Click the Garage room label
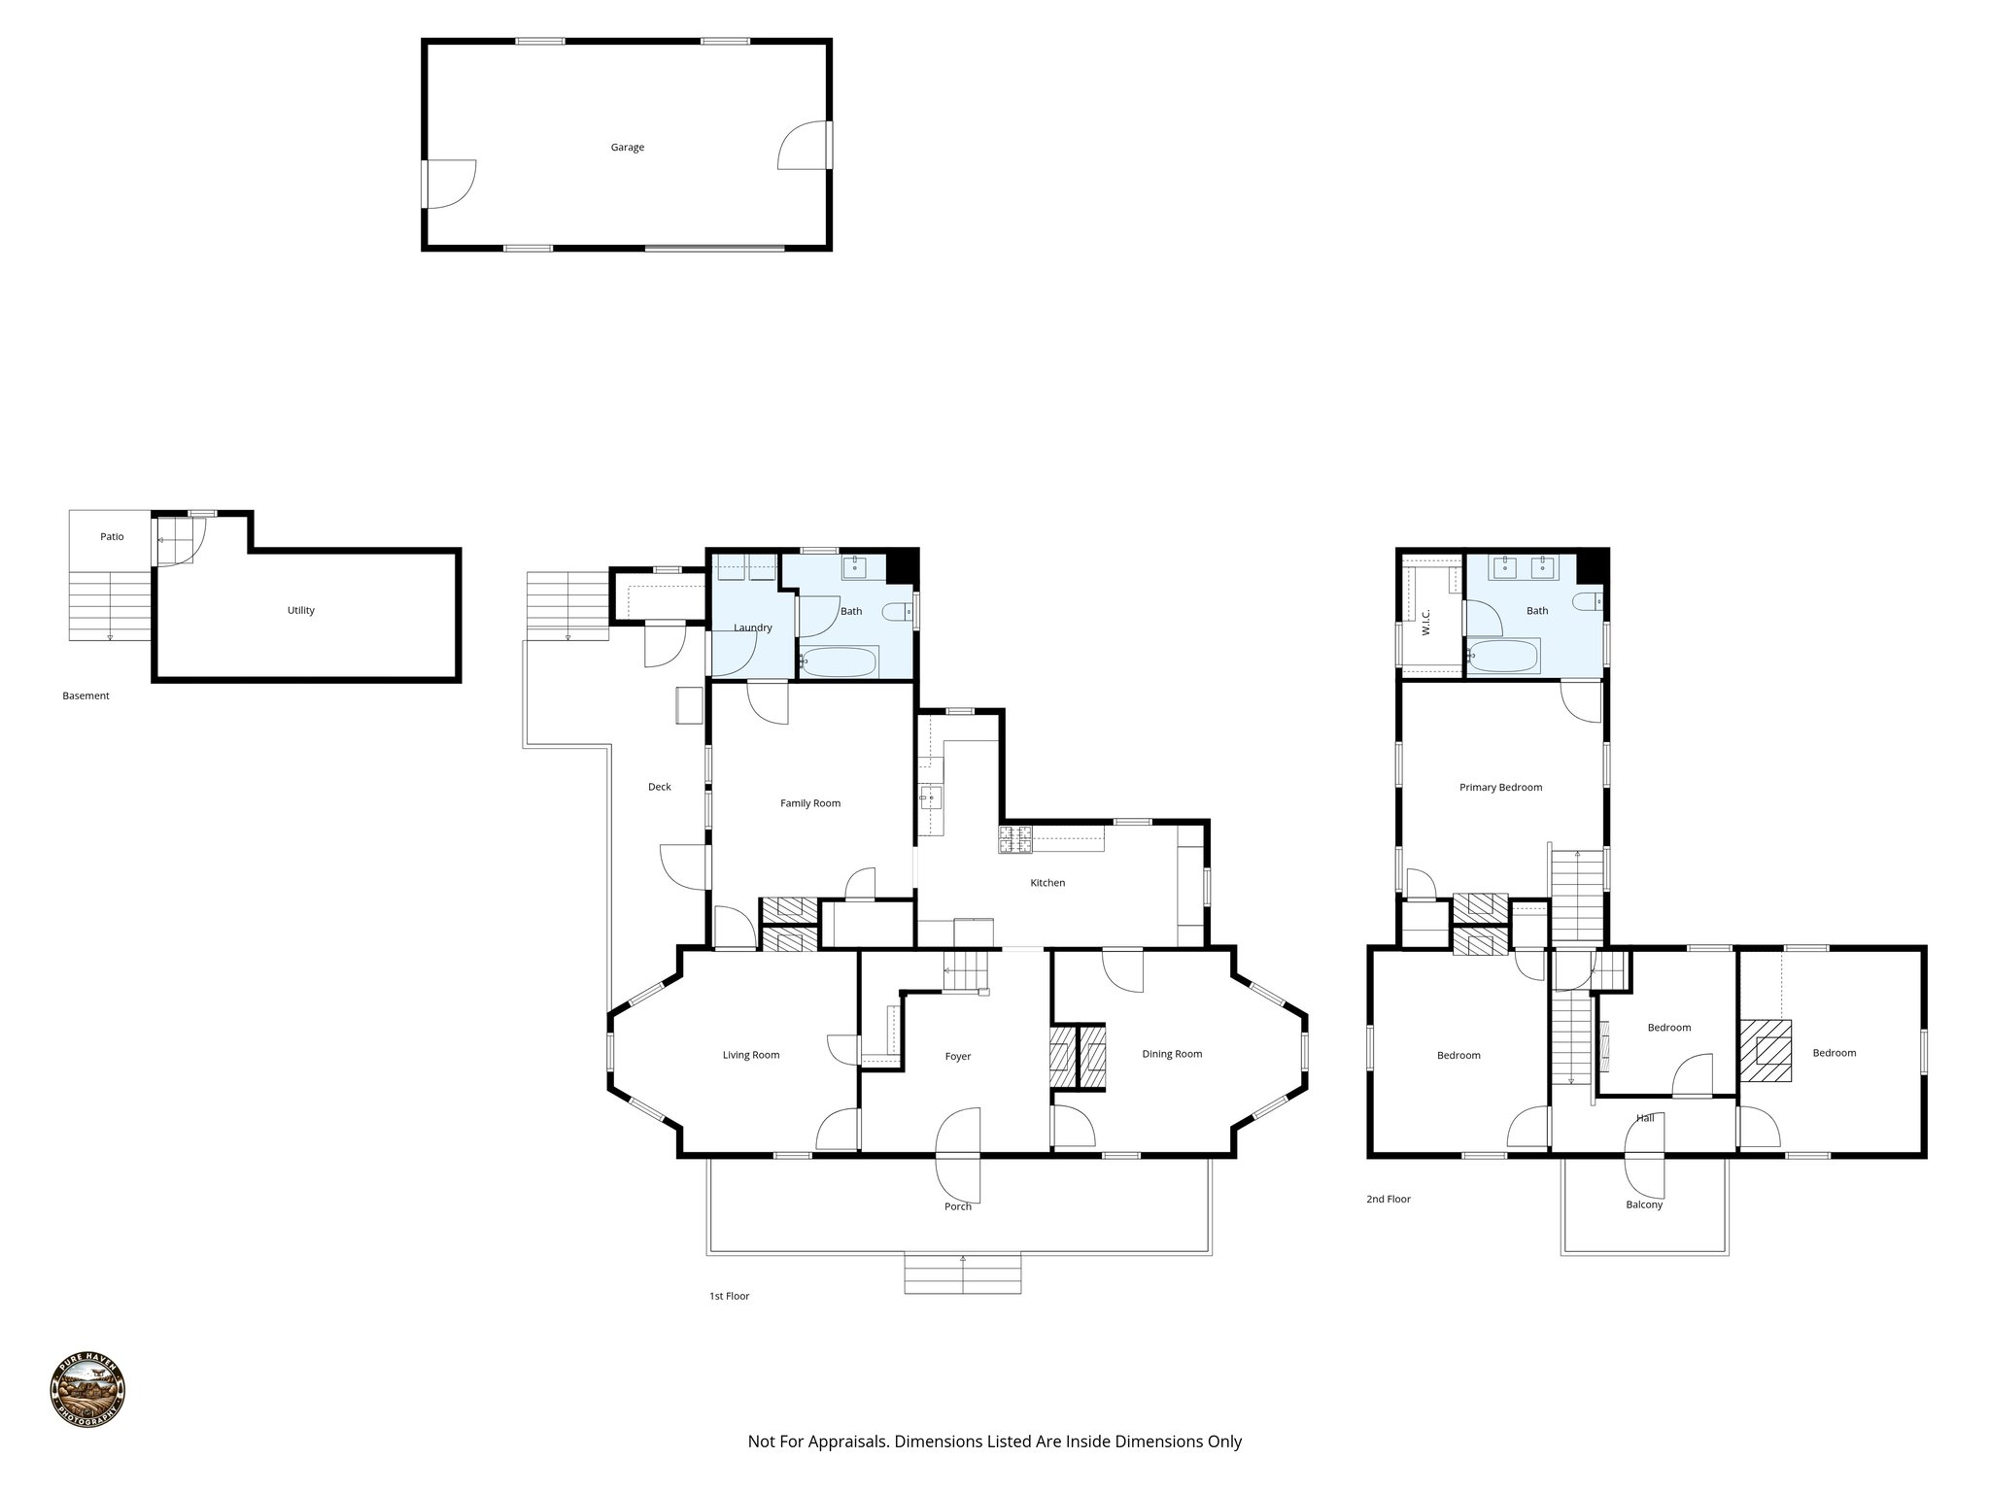pos(627,148)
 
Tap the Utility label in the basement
pos(300,611)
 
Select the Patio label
pos(112,537)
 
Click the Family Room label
pos(810,803)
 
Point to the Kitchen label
pos(1047,883)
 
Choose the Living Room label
pos(751,1055)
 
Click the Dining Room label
pos(1172,1054)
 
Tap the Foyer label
pos(958,1057)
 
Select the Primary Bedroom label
pos(1500,788)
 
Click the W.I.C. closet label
pos(1426,622)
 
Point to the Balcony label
pos(1644,1204)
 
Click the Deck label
pos(659,787)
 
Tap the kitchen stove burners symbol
pos(1015,839)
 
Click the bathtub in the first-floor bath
pos(840,662)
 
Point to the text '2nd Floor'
pos(1388,1200)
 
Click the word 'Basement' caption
pos(86,696)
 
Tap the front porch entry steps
pos(962,1274)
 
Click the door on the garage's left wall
pos(447,184)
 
